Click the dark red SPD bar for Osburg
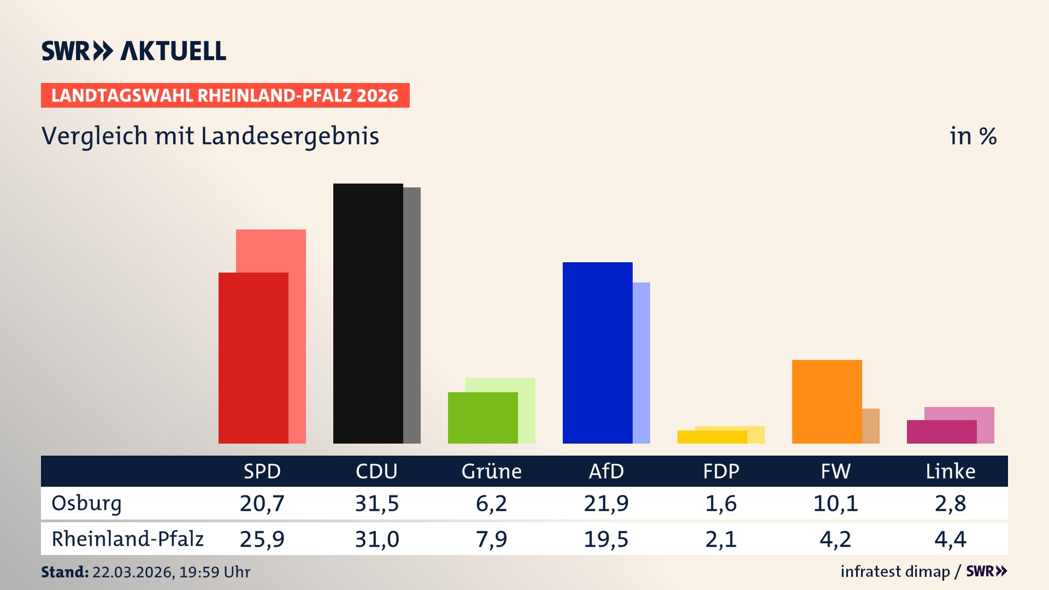(253, 358)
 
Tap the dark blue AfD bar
(597, 352)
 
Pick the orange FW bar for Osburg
(827, 402)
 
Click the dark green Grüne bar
(482, 418)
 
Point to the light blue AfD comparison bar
(641, 363)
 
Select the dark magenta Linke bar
(941, 432)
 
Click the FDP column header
(721, 471)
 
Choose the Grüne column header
(491, 471)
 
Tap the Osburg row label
(86, 503)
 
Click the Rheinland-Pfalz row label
(127, 539)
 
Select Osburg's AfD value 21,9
(606, 503)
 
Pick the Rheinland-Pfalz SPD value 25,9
(262, 539)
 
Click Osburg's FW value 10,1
(835, 503)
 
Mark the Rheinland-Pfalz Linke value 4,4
(950, 539)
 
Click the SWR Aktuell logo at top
(133, 51)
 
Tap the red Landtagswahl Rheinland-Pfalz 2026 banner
(225, 96)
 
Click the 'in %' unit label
(973, 136)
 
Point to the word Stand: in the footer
(64, 572)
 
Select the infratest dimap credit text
(895, 571)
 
